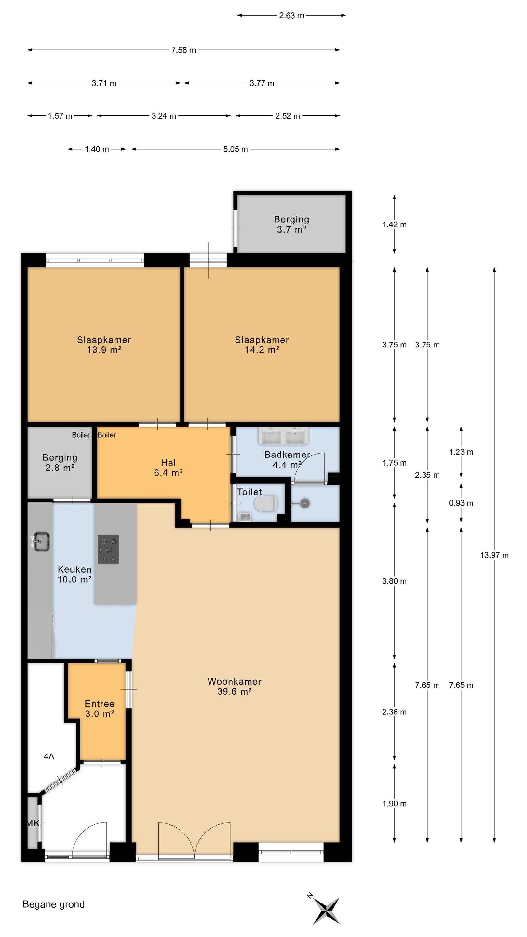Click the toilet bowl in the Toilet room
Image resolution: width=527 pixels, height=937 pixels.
(x=265, y=504)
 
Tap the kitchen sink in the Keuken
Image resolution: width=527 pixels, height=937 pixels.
(x=41, y=542)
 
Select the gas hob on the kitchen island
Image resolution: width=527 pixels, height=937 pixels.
(x=108, y=549)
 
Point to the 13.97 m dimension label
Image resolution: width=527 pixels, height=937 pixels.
(x=494, y=555)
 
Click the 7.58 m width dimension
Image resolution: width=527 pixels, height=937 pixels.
(x=184, y=50)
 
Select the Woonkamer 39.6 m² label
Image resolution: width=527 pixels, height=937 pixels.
(x=235, y=686)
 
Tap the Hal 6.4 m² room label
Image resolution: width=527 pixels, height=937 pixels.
(x=169, y=468)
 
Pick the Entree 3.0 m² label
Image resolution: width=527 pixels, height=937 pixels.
(x=100, y=709)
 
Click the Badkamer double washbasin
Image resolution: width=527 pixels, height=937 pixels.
(x=283, y=435)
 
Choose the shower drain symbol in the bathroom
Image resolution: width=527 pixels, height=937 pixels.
(x=305, y=504)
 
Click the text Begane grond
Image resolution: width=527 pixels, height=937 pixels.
(x=53, y=904)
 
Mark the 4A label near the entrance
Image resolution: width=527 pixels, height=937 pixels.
(x=49, y=756)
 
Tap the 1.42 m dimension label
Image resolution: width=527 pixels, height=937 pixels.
(x=394, y=224)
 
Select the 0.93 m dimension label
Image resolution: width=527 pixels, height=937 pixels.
(x=461, y=503)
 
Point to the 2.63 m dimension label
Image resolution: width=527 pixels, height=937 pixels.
(x=291, y=15)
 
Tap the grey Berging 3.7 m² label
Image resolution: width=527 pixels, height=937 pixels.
(x=291, y=224)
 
